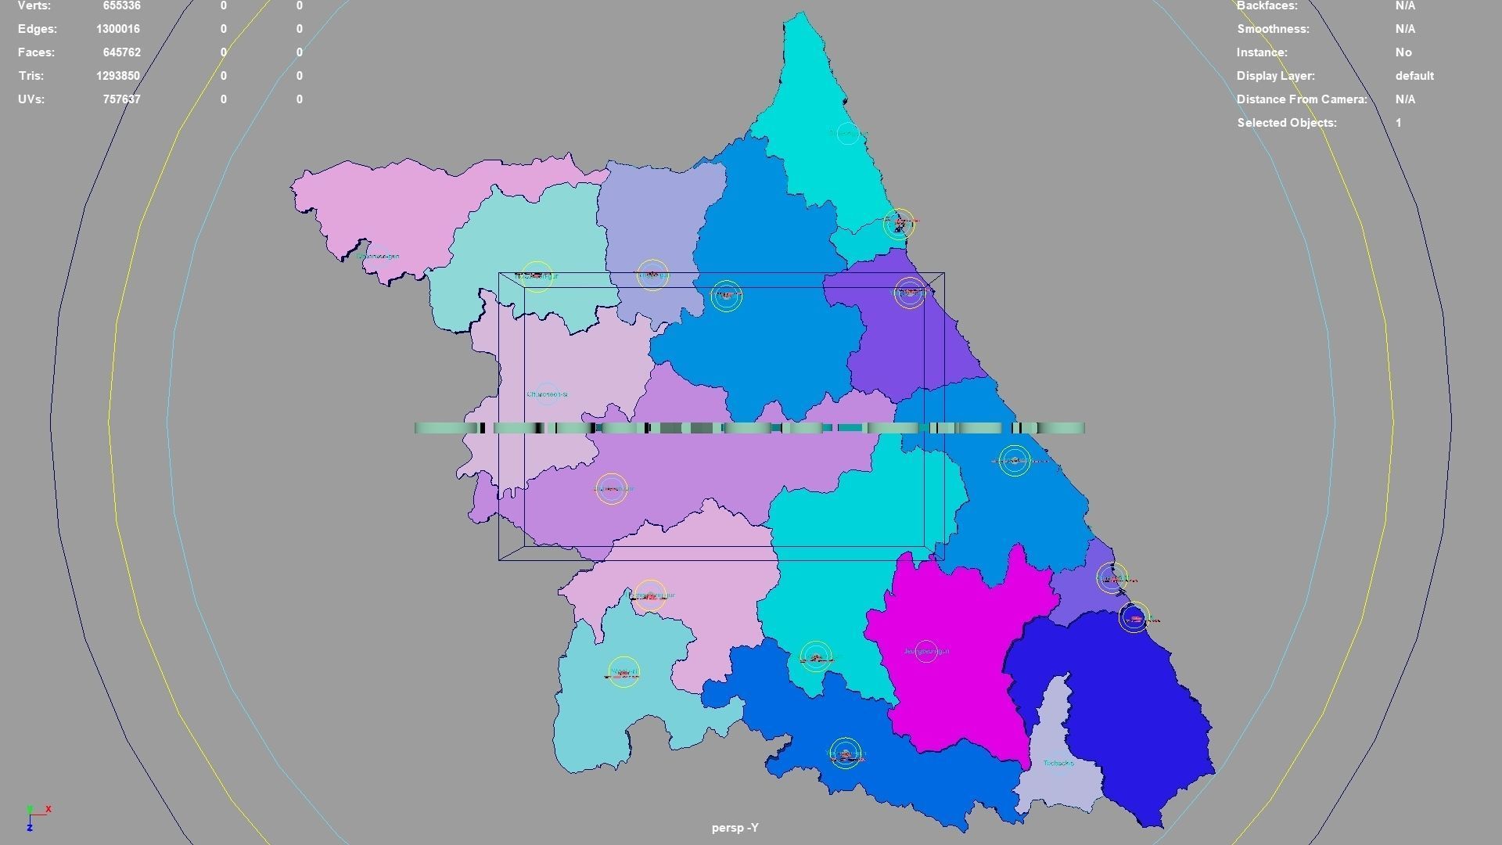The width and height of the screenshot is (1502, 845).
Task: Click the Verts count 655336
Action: tap(121, 6)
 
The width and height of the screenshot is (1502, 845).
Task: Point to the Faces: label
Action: tap(37, 52)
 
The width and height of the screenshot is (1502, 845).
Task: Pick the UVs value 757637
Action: tap(121, 99)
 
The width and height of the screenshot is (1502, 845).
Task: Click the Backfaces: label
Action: tap(1267, 6)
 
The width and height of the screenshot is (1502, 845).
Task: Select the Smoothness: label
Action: tap(1273, 29)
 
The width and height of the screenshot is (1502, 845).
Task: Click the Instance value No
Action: tap(1403, 52)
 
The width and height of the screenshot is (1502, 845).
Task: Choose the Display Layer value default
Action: tap(1414, 76)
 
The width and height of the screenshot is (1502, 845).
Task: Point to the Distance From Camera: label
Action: tap(1302, 99)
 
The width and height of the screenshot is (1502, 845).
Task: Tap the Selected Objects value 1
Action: tap(1398, 123)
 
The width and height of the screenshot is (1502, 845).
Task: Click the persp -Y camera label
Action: tap(735, 828)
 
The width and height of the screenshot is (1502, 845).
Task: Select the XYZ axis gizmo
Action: tap(35, 817)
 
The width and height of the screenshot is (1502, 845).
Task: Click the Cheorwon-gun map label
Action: tap(378, 256)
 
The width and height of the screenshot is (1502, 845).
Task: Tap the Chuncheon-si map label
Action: tap(547, 394)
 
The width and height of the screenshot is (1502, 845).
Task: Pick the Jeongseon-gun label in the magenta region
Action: tap(926, 651)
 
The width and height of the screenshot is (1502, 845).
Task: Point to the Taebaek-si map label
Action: tap(1058, 763)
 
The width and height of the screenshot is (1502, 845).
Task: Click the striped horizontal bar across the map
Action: tap(749, 428)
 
